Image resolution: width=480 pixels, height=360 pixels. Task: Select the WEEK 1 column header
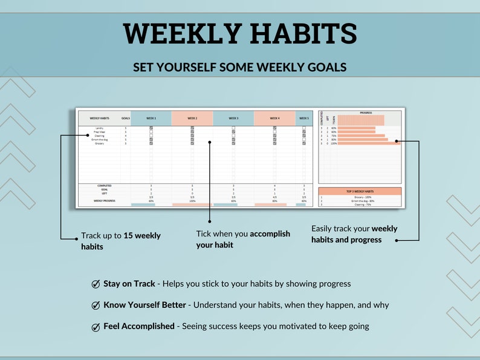tap(151, 119)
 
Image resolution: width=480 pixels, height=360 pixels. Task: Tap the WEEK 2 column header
tap(192, 119)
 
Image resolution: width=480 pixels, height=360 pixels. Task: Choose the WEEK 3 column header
tap(233, 119)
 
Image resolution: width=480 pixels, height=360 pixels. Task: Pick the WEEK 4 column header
tap(274, 119)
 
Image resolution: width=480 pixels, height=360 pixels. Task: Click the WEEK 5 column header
tap(304, 119)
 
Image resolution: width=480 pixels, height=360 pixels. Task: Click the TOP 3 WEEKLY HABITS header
tap(359, 191)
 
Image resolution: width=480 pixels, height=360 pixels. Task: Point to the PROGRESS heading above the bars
tap(366, 113)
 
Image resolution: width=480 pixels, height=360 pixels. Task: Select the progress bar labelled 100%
tap(369, 143)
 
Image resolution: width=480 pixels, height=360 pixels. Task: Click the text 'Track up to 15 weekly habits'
tap(120, 241)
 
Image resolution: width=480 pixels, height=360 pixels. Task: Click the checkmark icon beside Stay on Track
tap(96, 284)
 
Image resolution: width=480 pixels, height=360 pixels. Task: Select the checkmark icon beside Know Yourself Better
tap(96, 306)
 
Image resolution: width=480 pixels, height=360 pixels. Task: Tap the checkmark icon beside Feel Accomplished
tap(96, 327)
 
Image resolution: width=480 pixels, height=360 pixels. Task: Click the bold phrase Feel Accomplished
tap(138, 327)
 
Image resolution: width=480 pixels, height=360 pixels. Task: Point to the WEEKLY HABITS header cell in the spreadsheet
tap(99, 119)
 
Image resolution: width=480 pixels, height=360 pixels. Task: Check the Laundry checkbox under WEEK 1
tap(151, 128)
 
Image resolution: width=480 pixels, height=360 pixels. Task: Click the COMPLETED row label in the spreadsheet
tap(104, 186)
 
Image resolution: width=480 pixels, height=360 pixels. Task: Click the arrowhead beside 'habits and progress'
tap(397, 240)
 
